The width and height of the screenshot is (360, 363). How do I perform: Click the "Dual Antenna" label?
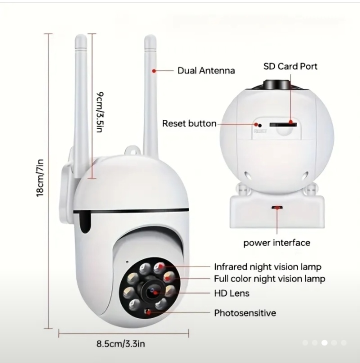click(206, 70)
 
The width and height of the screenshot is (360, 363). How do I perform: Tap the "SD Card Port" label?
click(290, 66)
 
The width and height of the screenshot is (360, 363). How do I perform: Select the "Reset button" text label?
click(189, 123)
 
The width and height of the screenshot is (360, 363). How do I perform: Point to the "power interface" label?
click(276, 243)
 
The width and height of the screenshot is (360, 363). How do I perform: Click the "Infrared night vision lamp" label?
click(267, 267)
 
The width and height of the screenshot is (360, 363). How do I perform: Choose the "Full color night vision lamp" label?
click(269, 278)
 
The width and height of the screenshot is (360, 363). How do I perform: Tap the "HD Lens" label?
click(231, 293)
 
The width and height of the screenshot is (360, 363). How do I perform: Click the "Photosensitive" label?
click(245, 313)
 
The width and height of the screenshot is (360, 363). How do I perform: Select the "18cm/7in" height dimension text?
click(40, 178)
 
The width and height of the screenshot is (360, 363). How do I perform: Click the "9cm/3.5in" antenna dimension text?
click(99, 112)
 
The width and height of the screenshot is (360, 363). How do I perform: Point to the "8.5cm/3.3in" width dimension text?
click(120, 344)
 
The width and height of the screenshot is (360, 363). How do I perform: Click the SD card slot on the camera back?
click(283, 125)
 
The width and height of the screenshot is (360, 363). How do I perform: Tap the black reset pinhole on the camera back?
click(260, 125)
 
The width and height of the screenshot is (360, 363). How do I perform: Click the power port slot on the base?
click(277, 207)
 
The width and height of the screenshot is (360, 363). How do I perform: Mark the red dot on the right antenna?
click(154, 71)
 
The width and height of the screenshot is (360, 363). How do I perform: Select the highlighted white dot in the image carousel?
click(324, 342)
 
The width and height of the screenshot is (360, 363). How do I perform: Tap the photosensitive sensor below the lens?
click(147, 312)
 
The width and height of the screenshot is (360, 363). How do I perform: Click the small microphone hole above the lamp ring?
click(127, 262)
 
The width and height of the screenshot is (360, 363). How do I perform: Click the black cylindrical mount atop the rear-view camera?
click(277, 84)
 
